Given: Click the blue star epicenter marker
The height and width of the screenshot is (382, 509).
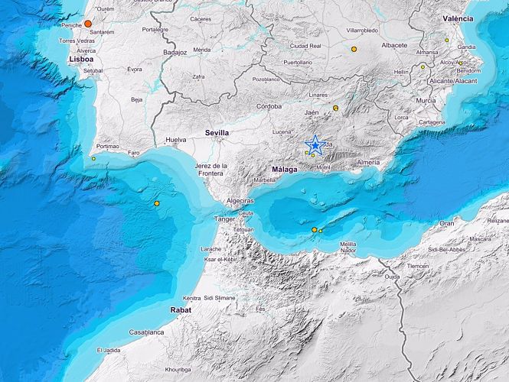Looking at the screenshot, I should coord(315,144).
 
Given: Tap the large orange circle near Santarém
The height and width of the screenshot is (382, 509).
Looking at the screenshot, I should coord(88,24).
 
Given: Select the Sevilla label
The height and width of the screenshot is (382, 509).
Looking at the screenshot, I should coord(217,132).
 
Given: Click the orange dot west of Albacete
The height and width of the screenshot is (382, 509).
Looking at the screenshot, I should coord(354,49).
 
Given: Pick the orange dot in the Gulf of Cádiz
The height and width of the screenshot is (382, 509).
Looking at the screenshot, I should coord(156,204).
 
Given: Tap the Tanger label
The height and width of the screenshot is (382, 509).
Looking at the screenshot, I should coord(224,219).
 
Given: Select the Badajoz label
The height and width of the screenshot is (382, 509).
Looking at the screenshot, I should coord(175,53).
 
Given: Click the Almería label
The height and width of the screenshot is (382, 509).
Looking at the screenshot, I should coord(368,163).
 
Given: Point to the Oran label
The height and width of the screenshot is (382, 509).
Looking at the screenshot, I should coord(446,223).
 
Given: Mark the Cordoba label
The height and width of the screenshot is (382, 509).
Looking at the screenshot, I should coord(269,106).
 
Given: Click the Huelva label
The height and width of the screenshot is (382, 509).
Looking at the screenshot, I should coord(176,140).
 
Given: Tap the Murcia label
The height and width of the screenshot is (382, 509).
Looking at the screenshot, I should coord(426,100).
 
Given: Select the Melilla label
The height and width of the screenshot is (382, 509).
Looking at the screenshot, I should coord(347,243).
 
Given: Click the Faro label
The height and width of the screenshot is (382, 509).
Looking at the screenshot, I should coord(134,153).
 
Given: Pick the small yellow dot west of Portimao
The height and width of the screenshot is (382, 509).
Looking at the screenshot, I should coord(93,158).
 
